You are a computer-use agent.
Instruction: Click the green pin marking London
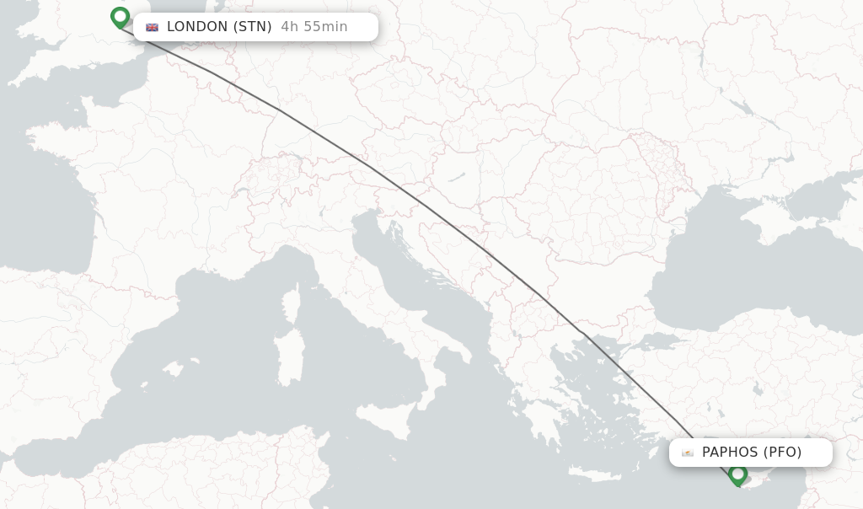[120, 17]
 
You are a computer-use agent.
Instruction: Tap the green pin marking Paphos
[737, 474]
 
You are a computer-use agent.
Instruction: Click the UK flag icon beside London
[152, 27]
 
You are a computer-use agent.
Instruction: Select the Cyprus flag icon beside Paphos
[688, 453]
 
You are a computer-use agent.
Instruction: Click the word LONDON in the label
[197, 27]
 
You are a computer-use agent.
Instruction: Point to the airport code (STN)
[252, 27]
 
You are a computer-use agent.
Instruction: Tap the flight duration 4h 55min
[314, 27]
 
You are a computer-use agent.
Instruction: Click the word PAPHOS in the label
[730, 453]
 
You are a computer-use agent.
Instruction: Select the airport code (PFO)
[782, 453]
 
